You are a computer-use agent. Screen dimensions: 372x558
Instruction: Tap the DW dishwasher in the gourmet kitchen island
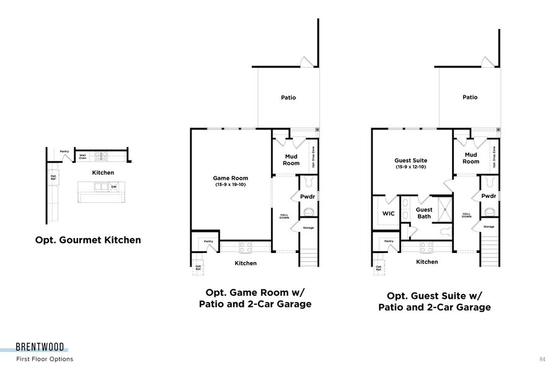114,187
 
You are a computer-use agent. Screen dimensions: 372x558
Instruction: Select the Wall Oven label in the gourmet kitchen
82,157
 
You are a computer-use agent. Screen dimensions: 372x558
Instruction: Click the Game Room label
230,178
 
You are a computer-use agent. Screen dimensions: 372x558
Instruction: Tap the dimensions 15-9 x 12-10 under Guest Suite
411,167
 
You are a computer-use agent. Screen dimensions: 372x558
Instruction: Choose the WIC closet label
389,213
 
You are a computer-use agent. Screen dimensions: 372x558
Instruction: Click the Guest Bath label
424,213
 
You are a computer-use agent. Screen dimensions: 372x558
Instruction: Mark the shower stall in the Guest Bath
443,209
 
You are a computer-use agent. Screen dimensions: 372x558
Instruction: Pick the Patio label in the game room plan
288,97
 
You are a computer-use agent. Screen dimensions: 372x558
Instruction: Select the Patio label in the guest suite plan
470,97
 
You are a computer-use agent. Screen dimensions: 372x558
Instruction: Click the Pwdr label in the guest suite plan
489,197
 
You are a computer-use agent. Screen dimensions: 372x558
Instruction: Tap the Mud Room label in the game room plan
292,159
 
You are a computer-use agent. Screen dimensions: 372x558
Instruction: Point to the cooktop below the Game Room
246,247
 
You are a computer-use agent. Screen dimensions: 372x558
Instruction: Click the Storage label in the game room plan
308,228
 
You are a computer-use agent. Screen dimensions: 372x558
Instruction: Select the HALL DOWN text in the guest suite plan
467,216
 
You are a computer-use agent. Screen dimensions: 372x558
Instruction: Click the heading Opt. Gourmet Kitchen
87,240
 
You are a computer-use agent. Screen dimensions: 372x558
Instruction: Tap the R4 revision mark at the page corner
542,359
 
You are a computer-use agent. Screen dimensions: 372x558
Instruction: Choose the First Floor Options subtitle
45,359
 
